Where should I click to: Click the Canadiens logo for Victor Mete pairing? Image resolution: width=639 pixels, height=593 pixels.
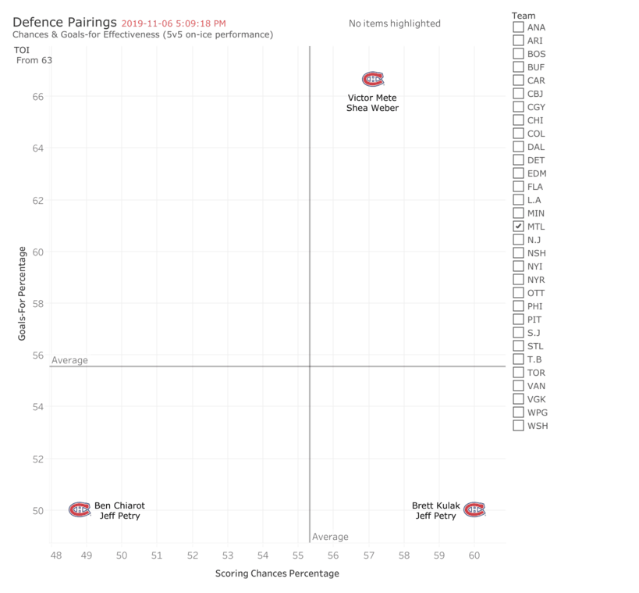tap(373, 80)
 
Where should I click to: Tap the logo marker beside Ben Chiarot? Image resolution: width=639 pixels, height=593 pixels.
tap(80, 509)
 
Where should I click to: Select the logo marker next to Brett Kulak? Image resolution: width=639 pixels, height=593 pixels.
tap(474, 509)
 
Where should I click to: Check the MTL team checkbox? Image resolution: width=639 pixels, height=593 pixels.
tap(518, 227)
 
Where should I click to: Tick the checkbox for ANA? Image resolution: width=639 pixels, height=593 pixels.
tap(518, 27)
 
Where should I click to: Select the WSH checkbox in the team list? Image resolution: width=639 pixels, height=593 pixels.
tap(518, 426)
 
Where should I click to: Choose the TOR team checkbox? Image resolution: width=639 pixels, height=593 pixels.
tap(518, 373)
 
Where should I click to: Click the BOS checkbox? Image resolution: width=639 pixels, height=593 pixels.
tap(518, 54)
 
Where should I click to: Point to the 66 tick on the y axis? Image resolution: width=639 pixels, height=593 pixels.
tap(37, 96)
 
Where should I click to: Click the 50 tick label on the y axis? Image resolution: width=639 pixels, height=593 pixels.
tap(37, 510)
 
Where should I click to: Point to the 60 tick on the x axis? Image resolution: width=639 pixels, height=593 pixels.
tap(474, 555)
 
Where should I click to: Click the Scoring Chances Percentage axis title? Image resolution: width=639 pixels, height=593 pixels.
tap(277, 573)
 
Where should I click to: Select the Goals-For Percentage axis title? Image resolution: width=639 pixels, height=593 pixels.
tap(23, 293)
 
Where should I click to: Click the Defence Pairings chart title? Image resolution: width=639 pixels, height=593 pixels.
tap(65, 23)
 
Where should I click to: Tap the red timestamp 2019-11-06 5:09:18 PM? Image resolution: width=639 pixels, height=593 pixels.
tap(173, 23)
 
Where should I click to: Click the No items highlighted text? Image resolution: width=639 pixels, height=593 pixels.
tap(394, 23)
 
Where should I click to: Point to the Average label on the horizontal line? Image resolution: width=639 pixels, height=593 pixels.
tap(69, 360)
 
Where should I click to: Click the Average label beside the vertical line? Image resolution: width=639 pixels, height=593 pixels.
tap(330, 537)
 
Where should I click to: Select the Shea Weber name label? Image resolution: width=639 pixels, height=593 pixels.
tap(372, 108)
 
